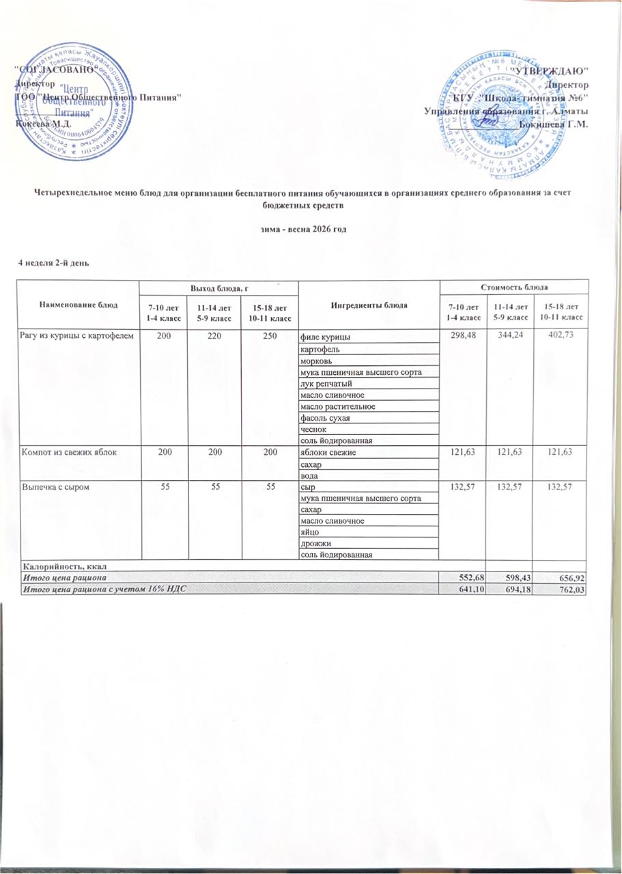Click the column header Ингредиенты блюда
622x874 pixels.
369,305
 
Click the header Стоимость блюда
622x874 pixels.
512,287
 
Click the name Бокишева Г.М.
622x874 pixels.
553,124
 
